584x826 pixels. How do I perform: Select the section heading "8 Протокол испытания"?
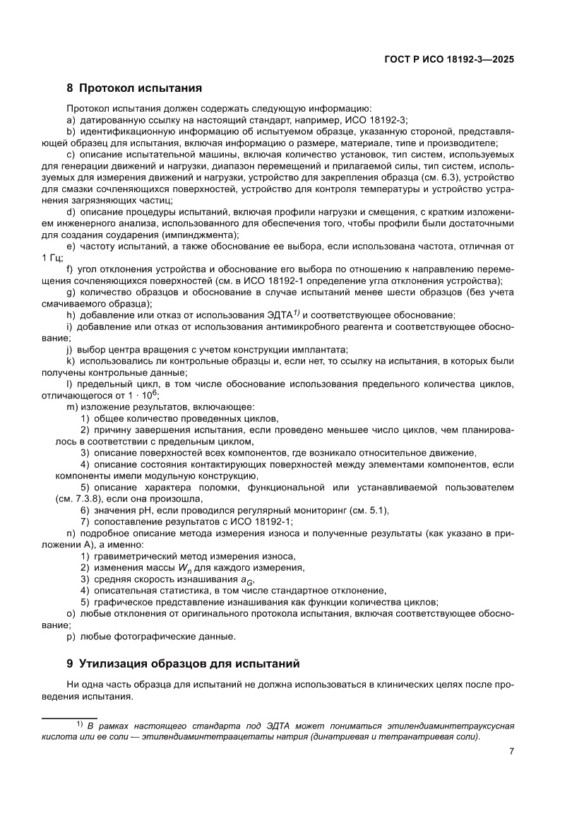click(x=134, y=88)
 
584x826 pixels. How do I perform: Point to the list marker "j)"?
click(x=70, y=349)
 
